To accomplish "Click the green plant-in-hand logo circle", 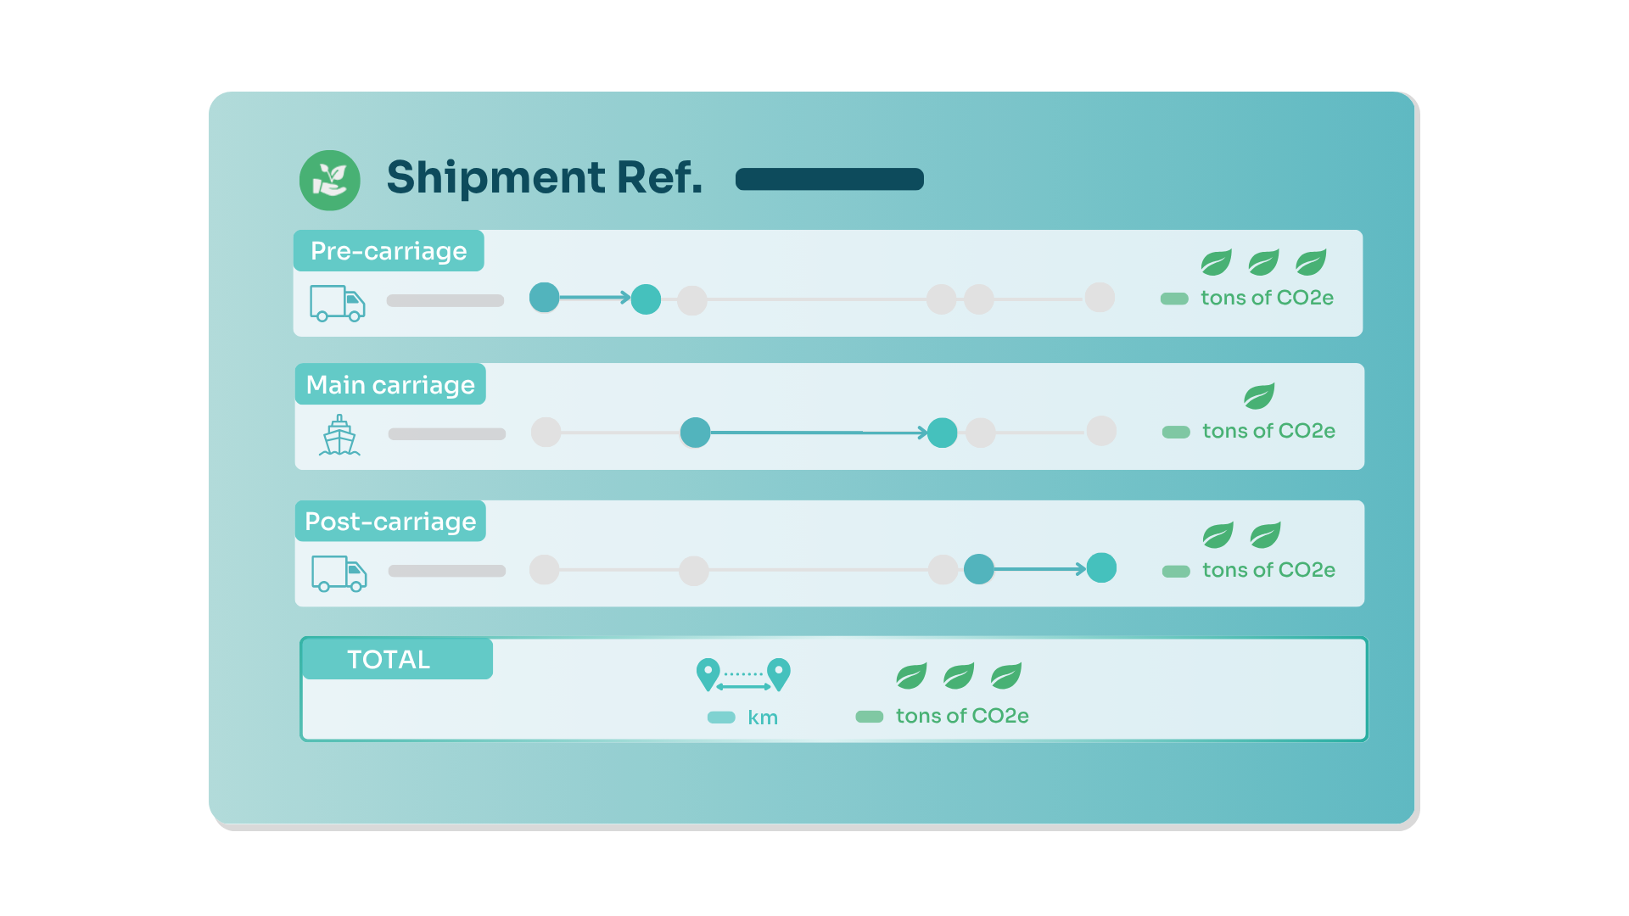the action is pos(330,180).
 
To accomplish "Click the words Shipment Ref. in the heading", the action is pos(545,177).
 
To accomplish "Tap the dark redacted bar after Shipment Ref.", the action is pos(830,179).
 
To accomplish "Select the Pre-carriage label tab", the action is pos(389,250).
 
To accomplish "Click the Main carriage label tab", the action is pos(390,384).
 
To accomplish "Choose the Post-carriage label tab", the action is pos(390,521).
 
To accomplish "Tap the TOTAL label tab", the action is pos(397,659).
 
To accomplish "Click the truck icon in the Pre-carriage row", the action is pos(338,303).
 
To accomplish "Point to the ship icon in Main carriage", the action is pos(339,435).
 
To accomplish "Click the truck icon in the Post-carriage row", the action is pos(339,573).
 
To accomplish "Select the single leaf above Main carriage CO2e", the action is pos(1259,396).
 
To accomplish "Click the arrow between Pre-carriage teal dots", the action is pos(595,297).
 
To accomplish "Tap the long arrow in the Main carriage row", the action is pos(819,433).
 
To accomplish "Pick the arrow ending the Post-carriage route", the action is pos(1040,569).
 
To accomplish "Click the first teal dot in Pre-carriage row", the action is pos(545,297).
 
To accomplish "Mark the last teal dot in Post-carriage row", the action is pos(1101,567).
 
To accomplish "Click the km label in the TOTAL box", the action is pos(763,718).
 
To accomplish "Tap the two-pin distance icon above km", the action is pos(743,675).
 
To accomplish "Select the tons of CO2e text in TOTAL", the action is pos(962,716).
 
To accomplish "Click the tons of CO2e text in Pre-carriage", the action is pos(1267,298).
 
